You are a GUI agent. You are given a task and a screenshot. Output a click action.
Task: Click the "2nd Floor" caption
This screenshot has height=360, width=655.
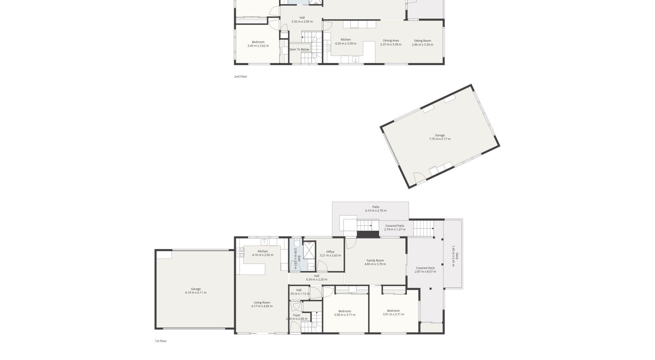[241, 76]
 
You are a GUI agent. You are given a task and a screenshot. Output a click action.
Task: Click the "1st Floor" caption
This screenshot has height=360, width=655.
[160, 341]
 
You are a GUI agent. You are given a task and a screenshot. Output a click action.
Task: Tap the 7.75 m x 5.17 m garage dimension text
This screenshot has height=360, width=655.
[440, 139]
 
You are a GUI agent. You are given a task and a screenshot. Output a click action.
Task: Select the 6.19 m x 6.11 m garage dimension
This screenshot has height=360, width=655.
[196, 293]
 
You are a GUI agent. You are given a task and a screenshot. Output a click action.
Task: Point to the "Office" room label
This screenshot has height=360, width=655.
[330, 252]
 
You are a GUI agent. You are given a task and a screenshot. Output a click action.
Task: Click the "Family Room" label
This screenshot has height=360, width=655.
[375, 261]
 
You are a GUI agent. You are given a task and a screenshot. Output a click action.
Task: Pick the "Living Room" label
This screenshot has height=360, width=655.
[262, 303]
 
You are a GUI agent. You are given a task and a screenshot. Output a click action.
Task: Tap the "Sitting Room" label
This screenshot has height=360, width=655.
[422, 41]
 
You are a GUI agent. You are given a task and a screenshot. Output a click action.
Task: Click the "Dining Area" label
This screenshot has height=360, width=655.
[391, 41]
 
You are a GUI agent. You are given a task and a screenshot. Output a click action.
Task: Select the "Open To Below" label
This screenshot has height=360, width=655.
[299, 49]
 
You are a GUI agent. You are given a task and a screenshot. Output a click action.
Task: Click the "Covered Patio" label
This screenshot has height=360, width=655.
[395, 226]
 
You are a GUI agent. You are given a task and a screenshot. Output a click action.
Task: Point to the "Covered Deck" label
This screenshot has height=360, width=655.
[425, 268]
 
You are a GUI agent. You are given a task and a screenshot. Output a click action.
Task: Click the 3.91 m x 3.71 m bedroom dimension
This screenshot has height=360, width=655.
[393, 315]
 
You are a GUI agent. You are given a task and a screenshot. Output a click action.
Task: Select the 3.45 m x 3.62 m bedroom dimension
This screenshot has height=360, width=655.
[258, 46]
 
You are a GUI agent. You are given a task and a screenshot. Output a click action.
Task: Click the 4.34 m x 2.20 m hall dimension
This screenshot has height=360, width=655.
[316, 280]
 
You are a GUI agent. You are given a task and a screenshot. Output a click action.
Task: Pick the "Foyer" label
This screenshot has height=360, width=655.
[297, 315]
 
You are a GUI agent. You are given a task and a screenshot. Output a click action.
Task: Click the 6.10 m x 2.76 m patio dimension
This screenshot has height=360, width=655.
[375, 211]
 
